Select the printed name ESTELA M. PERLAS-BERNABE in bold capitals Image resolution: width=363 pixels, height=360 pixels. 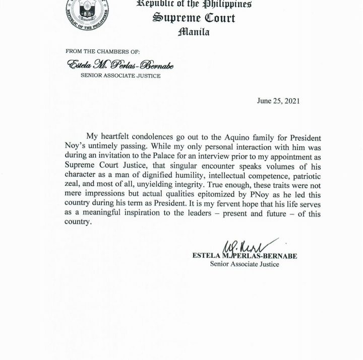[245, 256]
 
